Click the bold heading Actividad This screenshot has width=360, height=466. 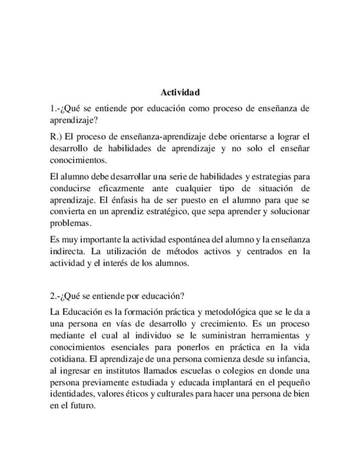point(180,92)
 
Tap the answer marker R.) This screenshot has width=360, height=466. point(56,136)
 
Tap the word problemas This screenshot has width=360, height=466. point(70,224)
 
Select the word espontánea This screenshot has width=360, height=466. point(187,240)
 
